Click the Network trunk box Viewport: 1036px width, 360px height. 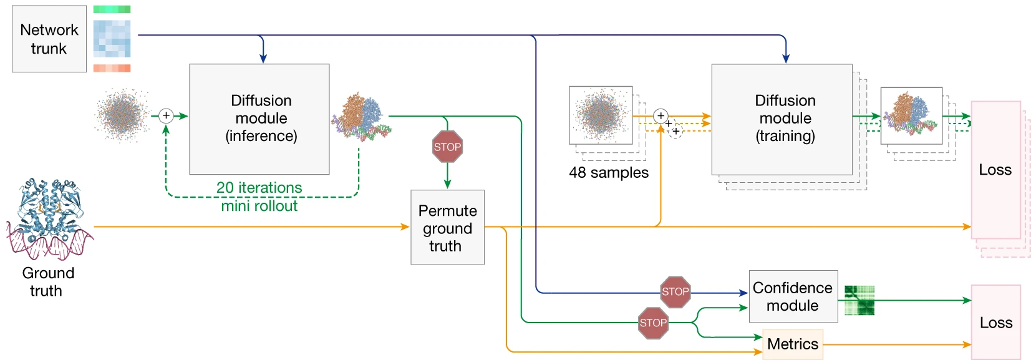tap(49, 39)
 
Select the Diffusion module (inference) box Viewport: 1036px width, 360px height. tap(259, 119)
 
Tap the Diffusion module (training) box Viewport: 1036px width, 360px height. tap(782, 119)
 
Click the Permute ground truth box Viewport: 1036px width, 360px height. tap(447, 227)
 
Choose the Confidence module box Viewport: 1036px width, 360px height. tap(793, 296)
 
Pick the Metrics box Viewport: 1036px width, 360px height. tap(793, 344)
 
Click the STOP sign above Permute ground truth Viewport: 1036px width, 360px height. tap(447, 147)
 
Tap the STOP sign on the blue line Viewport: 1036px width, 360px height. tap(675, 292)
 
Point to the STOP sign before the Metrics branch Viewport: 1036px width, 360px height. tap(653, 323)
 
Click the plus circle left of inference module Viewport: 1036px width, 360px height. tap(166, 115)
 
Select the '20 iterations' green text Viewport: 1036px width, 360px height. tap(259, 188)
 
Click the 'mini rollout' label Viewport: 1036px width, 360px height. tap(259, 206)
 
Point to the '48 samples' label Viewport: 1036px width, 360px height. tap(608, 173)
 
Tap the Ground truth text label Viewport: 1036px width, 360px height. tap(47, 282)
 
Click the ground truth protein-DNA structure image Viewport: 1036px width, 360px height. tap(49, 218)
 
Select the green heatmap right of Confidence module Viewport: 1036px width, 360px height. tap(859, 300)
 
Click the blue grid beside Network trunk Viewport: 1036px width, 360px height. tap(112, 39)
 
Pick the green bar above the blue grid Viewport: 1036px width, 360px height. tap(112, 9)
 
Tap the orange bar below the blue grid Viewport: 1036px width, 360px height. tap(112, 68)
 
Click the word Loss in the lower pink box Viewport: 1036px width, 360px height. tap(995, 323)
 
